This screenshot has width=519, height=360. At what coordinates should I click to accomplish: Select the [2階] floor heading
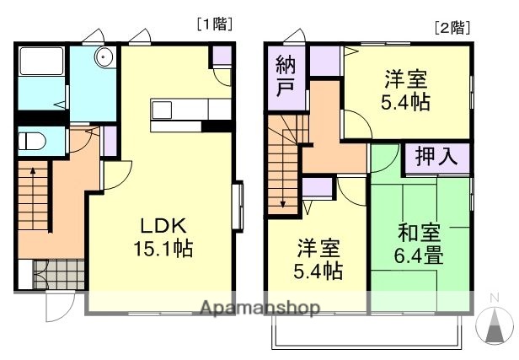pos(452,26)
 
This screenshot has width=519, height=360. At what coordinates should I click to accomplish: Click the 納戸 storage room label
pos(285,78)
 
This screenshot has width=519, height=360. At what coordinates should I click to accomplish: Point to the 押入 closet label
pos(436,158)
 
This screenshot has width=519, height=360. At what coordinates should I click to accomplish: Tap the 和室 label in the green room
pos(419,230)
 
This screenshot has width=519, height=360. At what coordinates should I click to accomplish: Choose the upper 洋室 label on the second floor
pos(406,82)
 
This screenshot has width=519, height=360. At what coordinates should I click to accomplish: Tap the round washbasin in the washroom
pos(104,57)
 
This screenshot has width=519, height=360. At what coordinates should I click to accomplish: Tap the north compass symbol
pos(495,325)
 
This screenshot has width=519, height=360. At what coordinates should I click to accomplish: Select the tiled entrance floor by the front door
pos(59,275)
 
